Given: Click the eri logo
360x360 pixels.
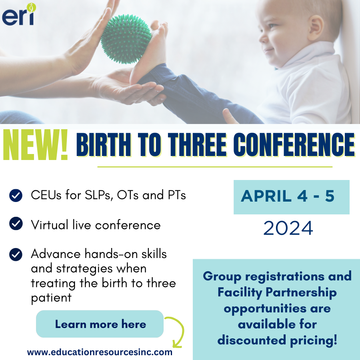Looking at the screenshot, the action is click(19, 14).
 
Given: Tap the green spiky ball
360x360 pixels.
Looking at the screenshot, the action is click(126, 39).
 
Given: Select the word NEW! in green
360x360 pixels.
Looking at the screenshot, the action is click(36, 144).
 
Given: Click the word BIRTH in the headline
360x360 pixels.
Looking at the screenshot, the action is click(104, 145).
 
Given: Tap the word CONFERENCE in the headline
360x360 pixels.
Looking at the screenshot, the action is click(294, 145).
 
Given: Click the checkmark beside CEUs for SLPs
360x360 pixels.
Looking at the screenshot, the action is click(16, 196).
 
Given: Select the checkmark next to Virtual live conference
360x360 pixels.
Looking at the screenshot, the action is click(16, 223).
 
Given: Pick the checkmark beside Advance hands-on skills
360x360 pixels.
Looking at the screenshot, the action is click(16, 255).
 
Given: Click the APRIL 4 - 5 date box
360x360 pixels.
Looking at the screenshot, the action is click(291, 197).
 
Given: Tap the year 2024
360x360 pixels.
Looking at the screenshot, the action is click(288, 228).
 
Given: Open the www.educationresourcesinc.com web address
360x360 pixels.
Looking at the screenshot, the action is click(100, 352).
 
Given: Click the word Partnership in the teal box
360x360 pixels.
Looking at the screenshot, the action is click(301, 293).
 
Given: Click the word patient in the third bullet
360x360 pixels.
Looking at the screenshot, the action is click(51, 298).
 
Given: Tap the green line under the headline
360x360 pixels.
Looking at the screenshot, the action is click(215, 167).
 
